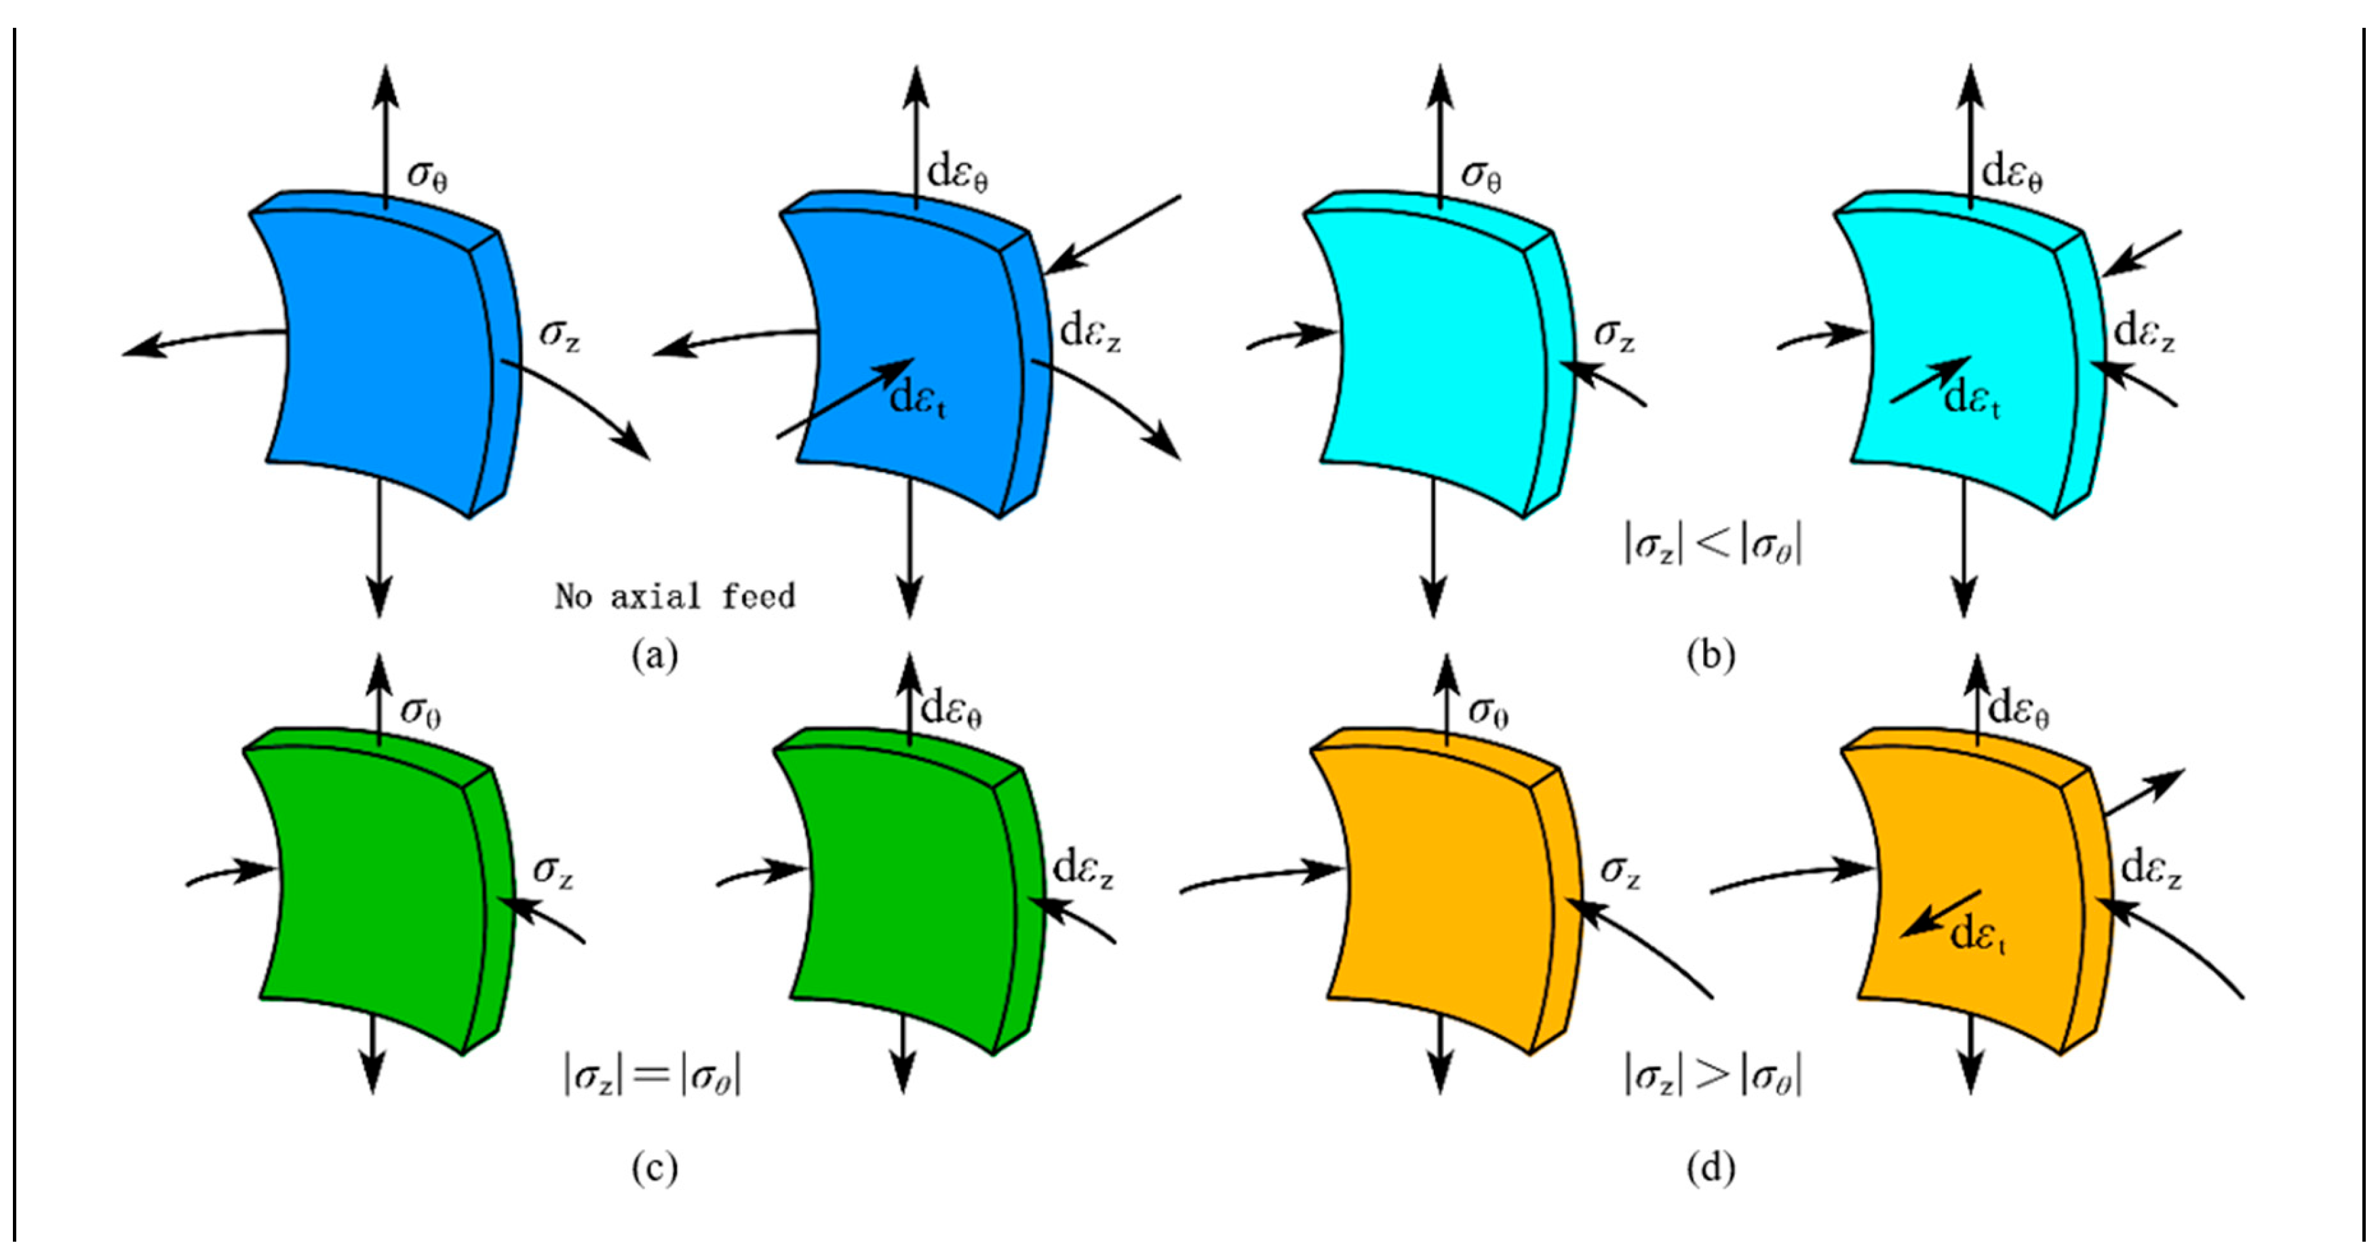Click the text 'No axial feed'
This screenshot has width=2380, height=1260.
click(x=674, y=596)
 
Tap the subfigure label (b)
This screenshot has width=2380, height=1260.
click(x=1710, y=655)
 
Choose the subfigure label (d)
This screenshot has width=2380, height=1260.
click(x=1710, y=1168)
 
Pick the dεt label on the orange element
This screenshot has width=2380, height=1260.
click(x=1978, y=935)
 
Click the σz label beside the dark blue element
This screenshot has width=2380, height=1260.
click(x=560, y=334)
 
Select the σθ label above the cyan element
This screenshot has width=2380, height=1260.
click(x=1481, y=174)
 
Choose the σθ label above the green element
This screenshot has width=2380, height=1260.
click(x=421, y=711)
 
